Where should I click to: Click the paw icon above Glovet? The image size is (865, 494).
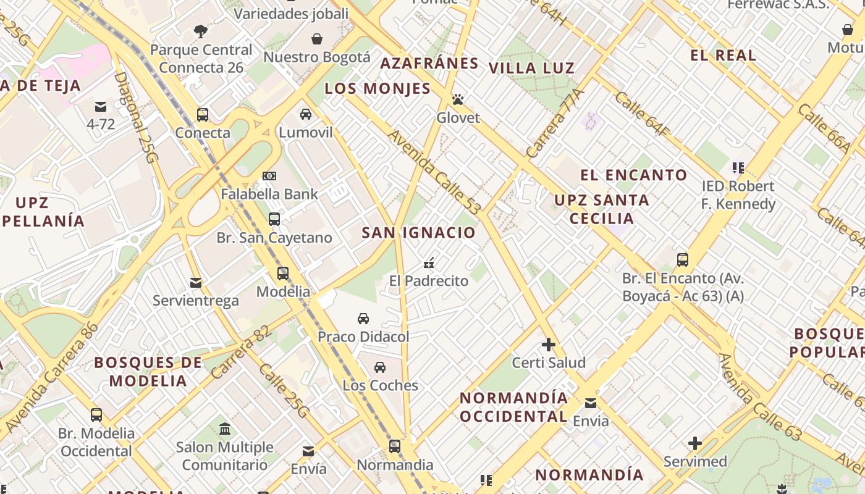(x=457, y=99)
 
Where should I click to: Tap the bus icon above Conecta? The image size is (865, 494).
(x=202, y=115)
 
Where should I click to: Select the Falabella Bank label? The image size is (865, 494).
(x=269, y=194)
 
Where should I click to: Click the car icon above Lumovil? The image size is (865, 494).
(x=306, y=114)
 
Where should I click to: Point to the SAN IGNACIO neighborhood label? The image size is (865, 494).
(x=418, y=233)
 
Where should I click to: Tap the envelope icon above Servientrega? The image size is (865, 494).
(x=196, y=283)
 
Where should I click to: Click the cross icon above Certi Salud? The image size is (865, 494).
(x=548, y=345)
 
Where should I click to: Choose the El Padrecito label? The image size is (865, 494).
(x=429, y=281)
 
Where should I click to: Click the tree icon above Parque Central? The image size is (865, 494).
(x=201, y=31)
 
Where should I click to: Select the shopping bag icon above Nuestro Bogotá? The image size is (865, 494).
(x=316, y=40)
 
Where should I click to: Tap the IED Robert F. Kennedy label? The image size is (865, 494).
(x=738, y=195)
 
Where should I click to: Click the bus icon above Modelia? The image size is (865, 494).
(x=283, y=274)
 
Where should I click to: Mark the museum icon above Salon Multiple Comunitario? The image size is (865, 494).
(x=225, y=429)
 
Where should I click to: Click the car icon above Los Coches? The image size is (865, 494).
(x=380, y=367)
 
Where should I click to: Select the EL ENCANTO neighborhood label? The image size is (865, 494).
(x=633, y=175)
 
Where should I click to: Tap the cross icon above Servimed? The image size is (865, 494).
(x=695, y=443)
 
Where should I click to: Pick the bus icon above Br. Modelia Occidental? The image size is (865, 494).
(x=96, y=415)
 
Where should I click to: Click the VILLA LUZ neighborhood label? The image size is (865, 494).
(x=531, y=68)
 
